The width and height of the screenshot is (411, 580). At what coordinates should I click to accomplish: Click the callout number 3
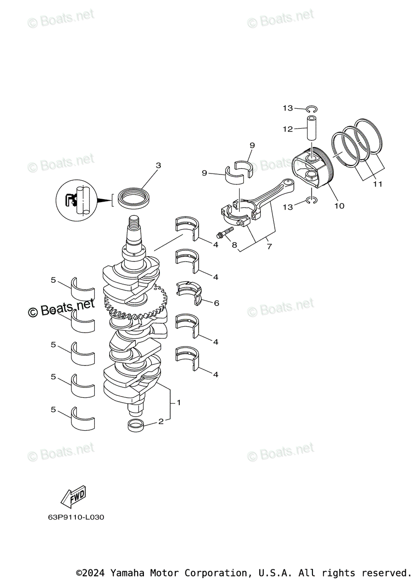click(158, 166)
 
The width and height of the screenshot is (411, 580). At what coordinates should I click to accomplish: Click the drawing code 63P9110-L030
click(76, 517)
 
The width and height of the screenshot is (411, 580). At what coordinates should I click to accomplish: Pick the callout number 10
click(339, 206)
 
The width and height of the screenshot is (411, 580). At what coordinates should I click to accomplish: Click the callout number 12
click(288, 129)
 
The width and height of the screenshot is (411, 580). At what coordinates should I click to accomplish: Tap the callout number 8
click(234, 245)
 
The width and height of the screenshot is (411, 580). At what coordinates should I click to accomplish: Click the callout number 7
click(269, 246)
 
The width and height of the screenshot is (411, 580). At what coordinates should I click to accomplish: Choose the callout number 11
click(377, 184)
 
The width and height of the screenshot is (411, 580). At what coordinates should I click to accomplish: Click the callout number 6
click(216, 303)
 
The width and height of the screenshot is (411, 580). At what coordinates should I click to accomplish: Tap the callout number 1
click(178, 403)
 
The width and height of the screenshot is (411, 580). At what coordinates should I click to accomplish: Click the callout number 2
click(161, 421)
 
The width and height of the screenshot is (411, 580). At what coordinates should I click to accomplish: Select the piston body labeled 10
click(312, 169)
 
